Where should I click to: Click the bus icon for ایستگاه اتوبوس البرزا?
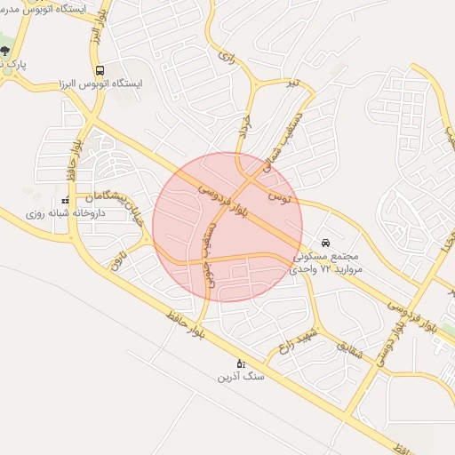click(100, 70)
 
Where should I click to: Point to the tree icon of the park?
click(6, 51)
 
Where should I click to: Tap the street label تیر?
click(292, 84)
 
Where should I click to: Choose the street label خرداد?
click(245, 131)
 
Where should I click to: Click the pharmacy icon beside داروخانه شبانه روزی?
click(65, 201)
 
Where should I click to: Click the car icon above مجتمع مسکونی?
click(326, 242)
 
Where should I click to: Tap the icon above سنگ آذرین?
click(240, 363)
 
